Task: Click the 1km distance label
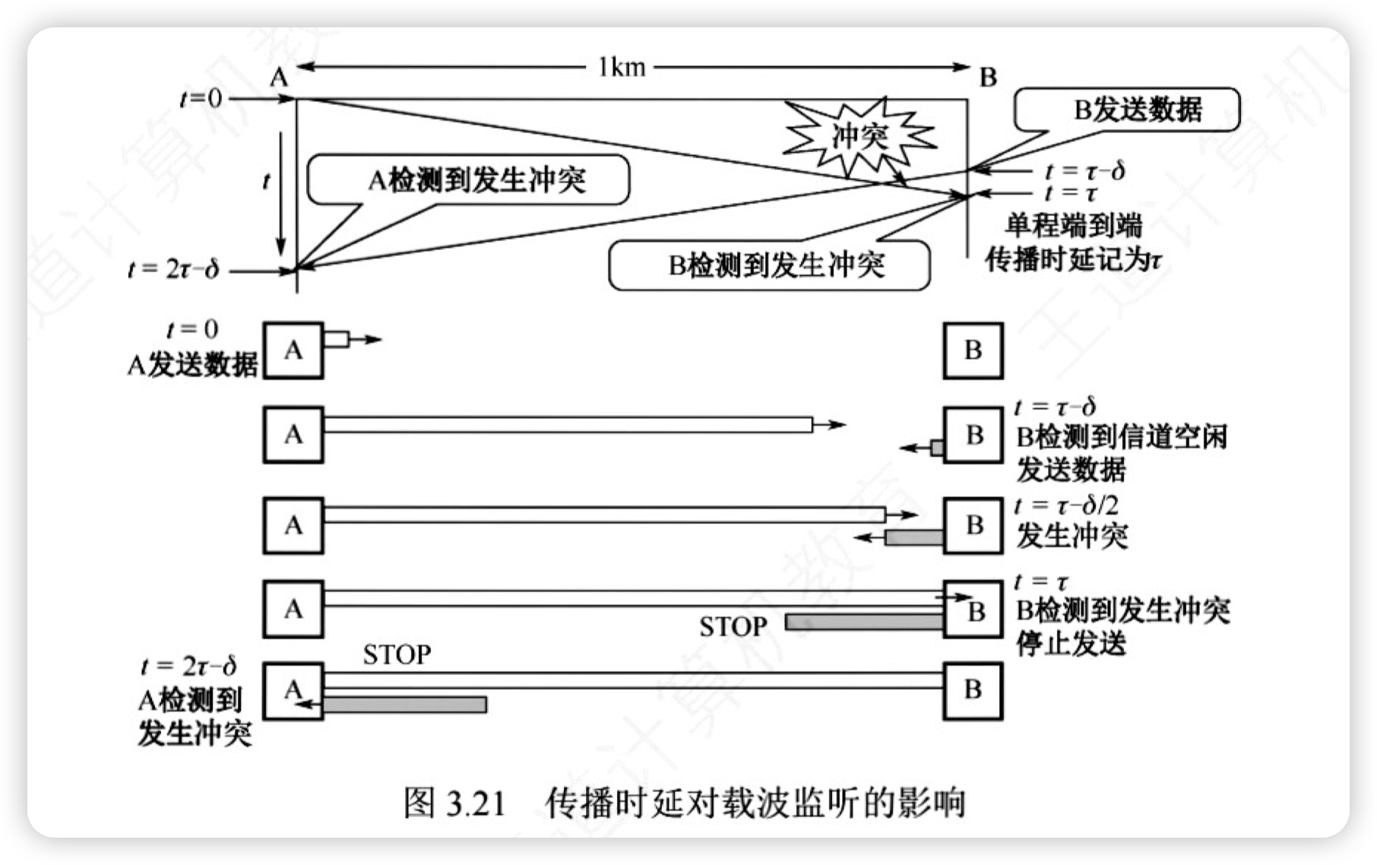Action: (621, 68)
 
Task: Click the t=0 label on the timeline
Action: (200, 98)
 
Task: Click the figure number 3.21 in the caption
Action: (476, 803)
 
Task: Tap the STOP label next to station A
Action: (397, 654)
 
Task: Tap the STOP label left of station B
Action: (733, 626)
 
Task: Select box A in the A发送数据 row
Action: (293, 350)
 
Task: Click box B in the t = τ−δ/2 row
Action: (973, 525)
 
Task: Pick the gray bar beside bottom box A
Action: (405, 705)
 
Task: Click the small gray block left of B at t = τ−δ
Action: (937, 448)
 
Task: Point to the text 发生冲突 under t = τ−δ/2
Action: (1072, 537)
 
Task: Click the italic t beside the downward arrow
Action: (265, 182)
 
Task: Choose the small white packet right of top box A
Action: (337, 339)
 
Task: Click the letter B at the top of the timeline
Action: (987, 78)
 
